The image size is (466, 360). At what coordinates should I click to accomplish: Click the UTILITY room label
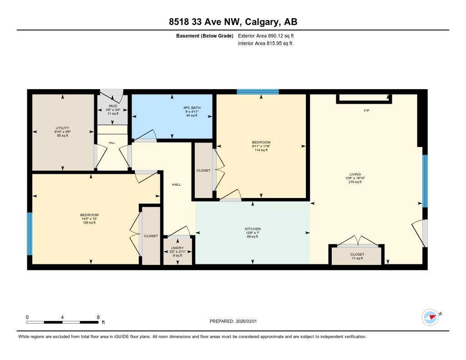(62, 128)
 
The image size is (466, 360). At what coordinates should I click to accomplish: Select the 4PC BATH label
(192, 107)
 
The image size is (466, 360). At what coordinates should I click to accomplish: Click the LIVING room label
(355, 174)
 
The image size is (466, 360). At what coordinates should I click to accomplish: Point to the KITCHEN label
(253, 228)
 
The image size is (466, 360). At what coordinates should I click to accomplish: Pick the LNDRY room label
(177, 248)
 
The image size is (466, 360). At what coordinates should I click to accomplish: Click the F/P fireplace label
(366, 111)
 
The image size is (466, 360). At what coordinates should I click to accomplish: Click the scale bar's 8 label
(98, 317)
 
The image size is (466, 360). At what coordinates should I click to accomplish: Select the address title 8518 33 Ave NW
(233, 22)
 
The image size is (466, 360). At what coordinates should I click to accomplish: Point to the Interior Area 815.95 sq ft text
(265, 44)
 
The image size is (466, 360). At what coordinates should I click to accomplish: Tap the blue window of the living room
(425, 181)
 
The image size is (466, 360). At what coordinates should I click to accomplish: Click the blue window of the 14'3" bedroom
(30, 234)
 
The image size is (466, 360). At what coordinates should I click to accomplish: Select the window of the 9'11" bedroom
(258, 91)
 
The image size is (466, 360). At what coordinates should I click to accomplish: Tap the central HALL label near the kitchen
(177, 184)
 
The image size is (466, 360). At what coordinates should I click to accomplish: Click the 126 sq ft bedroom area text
(89, 223)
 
